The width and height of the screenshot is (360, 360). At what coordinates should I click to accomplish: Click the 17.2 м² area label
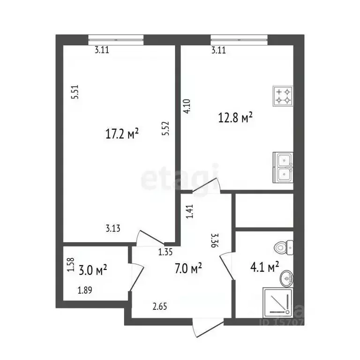pos(122,135)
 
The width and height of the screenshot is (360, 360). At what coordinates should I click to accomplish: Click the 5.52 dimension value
pos(165,128)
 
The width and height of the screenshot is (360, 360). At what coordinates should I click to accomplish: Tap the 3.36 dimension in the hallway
pos(215,240)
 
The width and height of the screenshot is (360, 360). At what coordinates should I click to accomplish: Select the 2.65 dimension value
pos(160,307)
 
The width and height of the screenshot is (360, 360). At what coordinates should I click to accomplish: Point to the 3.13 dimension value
pos(113,229)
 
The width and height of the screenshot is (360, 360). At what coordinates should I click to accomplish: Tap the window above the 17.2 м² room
pos(115,39)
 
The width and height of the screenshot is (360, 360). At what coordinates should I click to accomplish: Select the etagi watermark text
pos(180,178)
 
